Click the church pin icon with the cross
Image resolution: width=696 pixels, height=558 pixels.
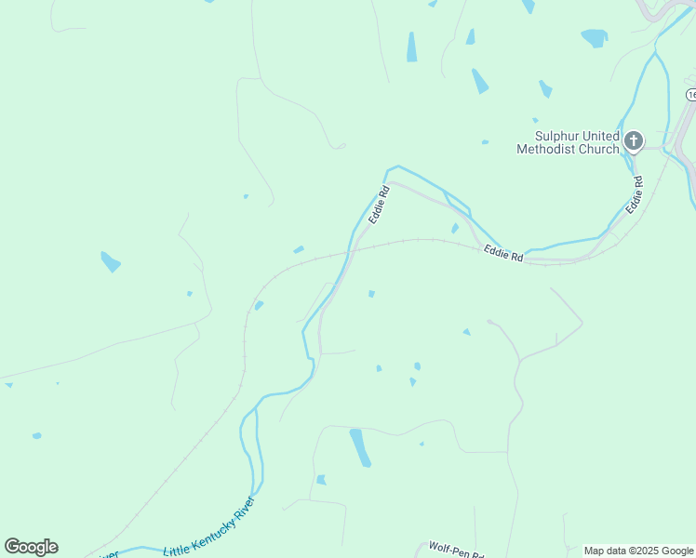pyautogui.click(x=633, y=141)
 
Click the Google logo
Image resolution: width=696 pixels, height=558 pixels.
pyautogui.click(x=31, y=547)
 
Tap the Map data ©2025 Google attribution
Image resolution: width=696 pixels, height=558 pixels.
pyautogui.click(x=638, y=551)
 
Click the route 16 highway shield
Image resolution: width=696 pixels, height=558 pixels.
pyautogui.click(x=691, y=95)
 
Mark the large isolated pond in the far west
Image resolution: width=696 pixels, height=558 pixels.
pyautogui.click(x=111, y=262)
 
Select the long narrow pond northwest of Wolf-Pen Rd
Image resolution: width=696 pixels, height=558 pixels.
pyautogui.click(x=360, y=447)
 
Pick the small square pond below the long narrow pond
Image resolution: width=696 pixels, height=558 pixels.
pyautogui.click(x=321, y=480)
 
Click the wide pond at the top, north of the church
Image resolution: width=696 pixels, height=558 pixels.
pyautogui.click(x=594, y=37)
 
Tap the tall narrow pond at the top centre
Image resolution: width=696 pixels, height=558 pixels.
pyautogui.click(x=411, y=47)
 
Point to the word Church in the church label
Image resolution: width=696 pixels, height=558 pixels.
pyautogui.click(x=600, y=149)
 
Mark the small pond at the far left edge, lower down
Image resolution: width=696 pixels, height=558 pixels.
pyautogui.click(x=36, y=435)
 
